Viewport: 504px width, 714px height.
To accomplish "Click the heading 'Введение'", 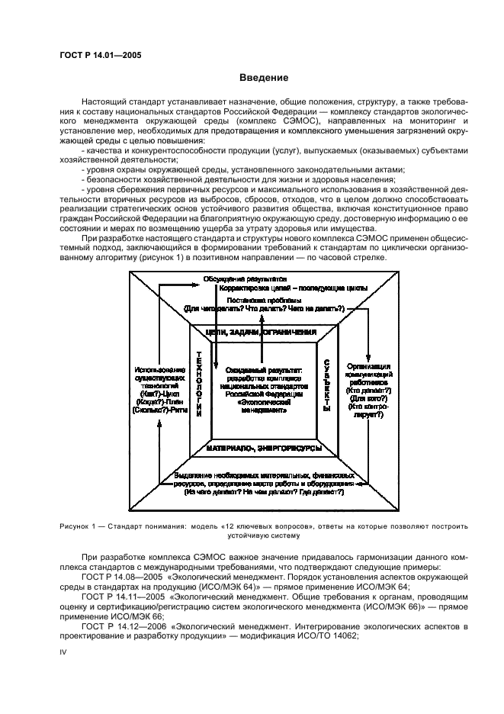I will [264, 78].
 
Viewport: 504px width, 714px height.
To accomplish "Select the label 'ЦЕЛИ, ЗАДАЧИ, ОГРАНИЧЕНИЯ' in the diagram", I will [263, 333].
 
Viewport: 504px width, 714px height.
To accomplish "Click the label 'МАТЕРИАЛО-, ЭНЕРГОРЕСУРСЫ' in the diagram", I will [263, 449].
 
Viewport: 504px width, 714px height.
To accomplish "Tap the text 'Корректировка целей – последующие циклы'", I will [293, 289].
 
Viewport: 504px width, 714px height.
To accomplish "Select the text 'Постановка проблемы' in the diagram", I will [264, 300].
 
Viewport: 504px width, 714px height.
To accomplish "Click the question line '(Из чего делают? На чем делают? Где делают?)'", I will [264, 493].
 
